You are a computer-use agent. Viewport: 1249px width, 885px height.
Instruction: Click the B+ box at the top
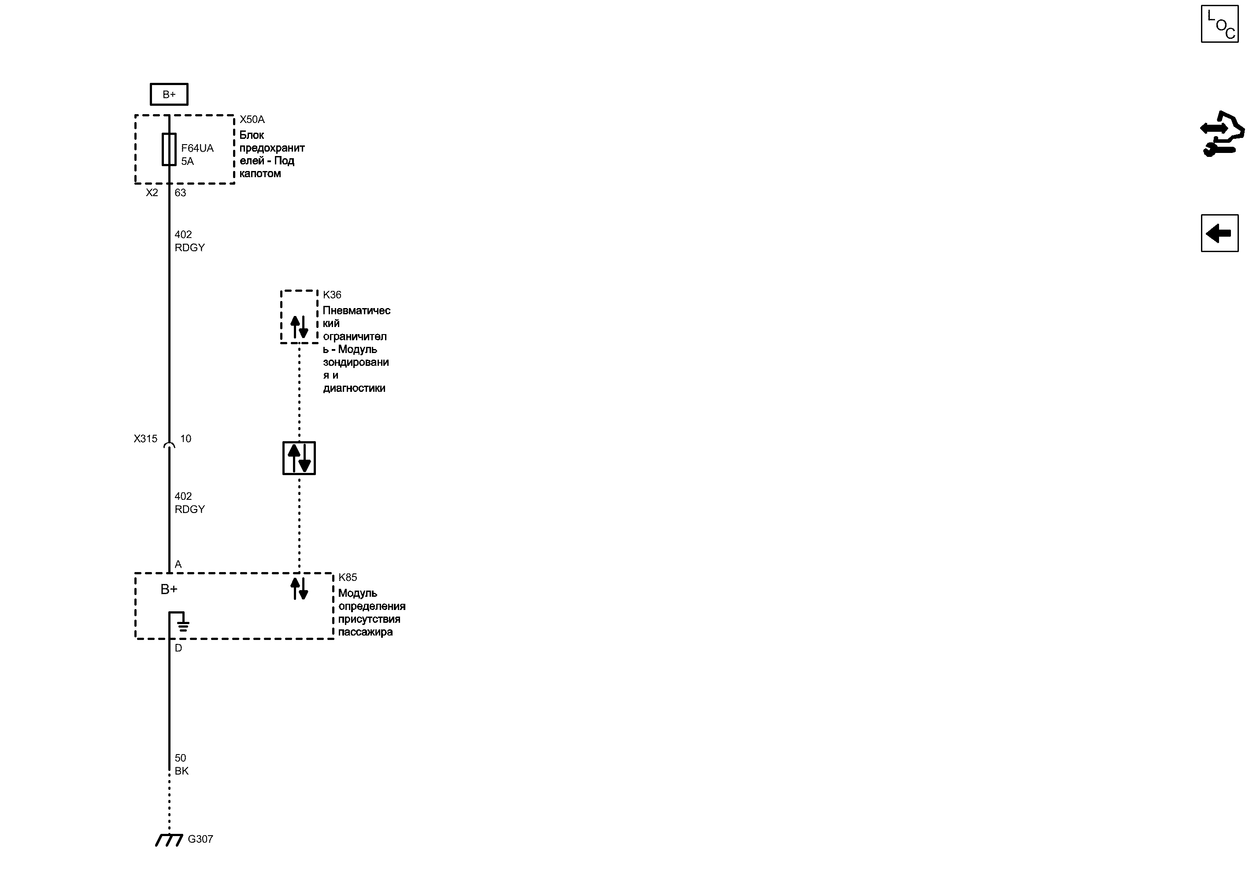(x=169, y=94)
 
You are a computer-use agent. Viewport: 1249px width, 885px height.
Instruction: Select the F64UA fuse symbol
(x=169, y=149)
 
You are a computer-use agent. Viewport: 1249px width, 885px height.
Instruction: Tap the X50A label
(x=252, y=119)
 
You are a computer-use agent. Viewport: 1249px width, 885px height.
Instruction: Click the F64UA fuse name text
(x=197, y=148)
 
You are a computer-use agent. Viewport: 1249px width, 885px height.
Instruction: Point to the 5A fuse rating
(x=187, y=161)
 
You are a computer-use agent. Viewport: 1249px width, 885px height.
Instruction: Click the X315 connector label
(x=145, y=438)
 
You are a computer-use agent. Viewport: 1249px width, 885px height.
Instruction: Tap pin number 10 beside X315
(x=186, y=438)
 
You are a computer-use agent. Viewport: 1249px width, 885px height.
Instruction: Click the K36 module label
(x=332, y=295)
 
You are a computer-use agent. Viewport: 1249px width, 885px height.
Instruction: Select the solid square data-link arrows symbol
(x=299, y=458)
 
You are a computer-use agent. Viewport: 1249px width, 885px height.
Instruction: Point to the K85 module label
(x=348, y=577)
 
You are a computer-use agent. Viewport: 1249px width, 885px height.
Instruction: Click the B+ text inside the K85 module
(x=169, y=589)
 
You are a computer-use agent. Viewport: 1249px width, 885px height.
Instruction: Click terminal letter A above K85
(x=178, y=565)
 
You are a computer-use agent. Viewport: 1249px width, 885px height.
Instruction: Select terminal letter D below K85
(x=178, y=648)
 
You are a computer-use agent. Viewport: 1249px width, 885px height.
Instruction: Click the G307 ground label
(x=200, y=839)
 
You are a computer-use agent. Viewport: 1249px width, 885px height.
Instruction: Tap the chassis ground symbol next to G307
(x=169, y=840)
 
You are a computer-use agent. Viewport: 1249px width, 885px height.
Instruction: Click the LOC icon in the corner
(x=1219, y=24)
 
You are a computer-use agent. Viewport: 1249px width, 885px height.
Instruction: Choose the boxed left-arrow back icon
(x=1219, y=233)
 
